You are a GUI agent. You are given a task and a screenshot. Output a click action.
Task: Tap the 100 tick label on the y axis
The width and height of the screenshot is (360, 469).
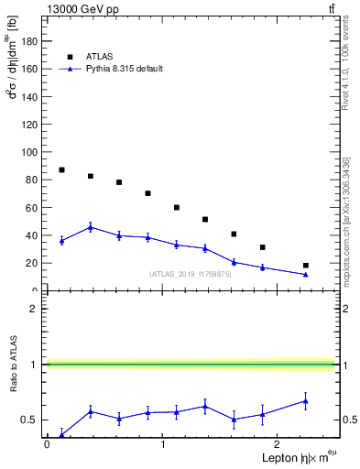(x=30, y=152)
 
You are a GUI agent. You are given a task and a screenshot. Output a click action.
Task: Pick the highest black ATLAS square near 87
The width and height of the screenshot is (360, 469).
(x=61, y=169)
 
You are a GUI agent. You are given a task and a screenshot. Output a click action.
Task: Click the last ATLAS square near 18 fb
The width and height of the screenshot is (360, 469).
(x=305, y=266)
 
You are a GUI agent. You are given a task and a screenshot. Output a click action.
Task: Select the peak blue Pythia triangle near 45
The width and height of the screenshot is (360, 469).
(x=90, y=227)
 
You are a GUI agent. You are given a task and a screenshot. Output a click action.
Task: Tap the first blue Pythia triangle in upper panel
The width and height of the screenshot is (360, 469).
(x=61, y=240)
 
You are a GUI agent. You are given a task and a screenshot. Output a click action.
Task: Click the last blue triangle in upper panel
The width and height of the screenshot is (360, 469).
(x=305, y=274)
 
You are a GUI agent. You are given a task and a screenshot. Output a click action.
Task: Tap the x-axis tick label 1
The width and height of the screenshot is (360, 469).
(x=163, y=444)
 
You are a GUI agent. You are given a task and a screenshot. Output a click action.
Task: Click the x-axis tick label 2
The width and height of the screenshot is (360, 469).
(x=278, y=444)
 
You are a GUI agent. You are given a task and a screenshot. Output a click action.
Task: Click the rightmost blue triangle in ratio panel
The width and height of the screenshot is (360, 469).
(x=305, y=400)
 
